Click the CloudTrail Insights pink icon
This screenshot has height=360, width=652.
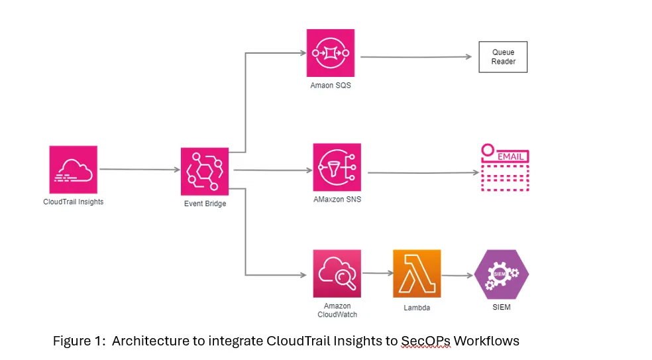[73, 169]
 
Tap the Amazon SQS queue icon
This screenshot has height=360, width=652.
[331, 53]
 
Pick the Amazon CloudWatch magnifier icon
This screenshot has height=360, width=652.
[337, 273]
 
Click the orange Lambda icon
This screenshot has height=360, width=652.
[417, 273]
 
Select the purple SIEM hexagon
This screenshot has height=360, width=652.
[502, 273]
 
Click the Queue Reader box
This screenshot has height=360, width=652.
[503, 57]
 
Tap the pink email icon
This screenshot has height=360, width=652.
[505, 168]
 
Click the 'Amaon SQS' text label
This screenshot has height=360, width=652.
[331, 85]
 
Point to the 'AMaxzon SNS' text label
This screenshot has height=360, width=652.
[337, 200]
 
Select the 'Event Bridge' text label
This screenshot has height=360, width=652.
[205, 204]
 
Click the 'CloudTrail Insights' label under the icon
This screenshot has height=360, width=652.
[73, 202]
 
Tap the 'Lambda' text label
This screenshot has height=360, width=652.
[417, 308]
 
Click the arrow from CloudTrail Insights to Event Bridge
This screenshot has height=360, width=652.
[139, 170]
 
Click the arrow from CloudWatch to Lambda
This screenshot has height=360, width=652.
[376, 272]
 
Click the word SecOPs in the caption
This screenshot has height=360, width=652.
[425, 341]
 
